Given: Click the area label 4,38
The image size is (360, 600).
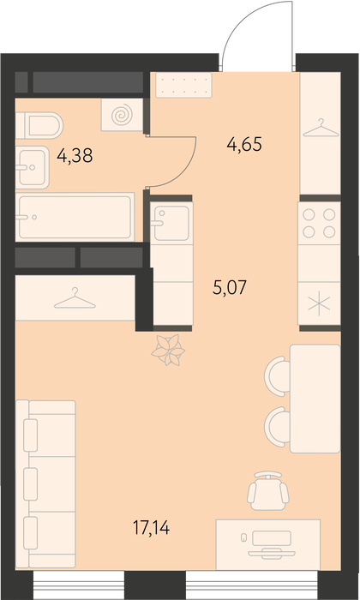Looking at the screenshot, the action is point(75,156).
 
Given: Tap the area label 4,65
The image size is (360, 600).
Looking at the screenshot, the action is point(244,145).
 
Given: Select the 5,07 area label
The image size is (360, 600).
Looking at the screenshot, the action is point(230,287).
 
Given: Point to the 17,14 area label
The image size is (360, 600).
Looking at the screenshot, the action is point(151,528).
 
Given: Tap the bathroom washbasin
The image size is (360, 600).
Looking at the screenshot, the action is point(32,167).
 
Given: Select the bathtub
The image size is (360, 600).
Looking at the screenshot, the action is point(75,218).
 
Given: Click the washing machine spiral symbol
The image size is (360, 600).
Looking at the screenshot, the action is point(122,114).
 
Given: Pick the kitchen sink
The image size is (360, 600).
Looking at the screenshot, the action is point(171,223).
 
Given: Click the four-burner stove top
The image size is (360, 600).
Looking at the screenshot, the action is point(319,224).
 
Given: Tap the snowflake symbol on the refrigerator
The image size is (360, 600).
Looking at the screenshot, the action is point(319,304).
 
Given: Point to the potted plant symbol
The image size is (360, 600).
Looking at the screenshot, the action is point(168,350).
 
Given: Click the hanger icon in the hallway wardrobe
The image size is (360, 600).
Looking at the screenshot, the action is point(321,129).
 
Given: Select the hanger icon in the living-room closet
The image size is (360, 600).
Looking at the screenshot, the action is point(75,298).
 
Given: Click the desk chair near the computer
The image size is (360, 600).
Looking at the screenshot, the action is point(268,491).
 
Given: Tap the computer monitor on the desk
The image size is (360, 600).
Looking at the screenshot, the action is point(272,538).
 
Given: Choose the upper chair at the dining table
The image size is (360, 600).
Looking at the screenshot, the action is point(278,376).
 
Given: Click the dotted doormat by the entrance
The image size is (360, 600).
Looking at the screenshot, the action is point(183,86).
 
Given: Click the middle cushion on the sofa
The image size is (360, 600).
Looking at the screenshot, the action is point(31,484).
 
